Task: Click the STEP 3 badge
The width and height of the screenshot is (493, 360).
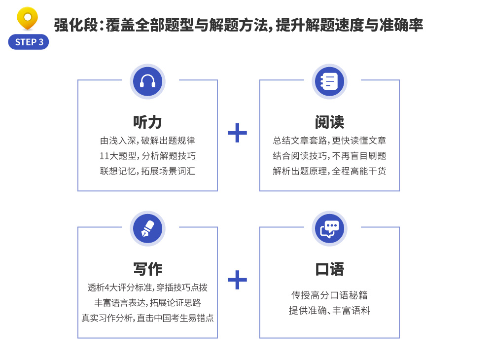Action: [x=28, y=42]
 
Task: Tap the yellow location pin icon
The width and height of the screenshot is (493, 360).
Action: [x=27, y=18]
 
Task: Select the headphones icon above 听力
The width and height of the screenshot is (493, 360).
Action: [x=147, y=81]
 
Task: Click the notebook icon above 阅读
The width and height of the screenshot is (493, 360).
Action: [x=329, y=81]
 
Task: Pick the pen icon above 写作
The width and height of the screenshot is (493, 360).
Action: [x=147, y=229]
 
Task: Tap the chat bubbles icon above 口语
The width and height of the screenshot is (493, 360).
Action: [x=329, y=229]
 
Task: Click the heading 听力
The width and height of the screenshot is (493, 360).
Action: [x=147, y=122]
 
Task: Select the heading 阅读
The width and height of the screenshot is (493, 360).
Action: [x=329, y=122]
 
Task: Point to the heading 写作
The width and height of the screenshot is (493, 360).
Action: [x=147, y=269]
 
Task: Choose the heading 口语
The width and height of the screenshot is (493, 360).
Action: [x=329, y=269]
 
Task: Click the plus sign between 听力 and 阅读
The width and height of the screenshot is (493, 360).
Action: [x=238, y=133]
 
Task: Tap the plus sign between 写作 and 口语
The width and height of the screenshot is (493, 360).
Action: [x=238, y=280]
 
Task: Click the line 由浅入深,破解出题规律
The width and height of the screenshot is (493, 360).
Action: [x=147, y=141]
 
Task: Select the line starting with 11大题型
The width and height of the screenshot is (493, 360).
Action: [x=147, y=156]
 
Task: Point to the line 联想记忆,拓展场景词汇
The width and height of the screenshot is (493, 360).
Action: [x=147, y=171]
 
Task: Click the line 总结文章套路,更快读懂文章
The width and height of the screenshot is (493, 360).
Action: [x=329, y=141]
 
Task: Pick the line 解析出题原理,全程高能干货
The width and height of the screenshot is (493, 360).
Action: [x=329, y=171]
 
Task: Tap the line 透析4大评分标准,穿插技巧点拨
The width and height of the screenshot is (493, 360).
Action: [x=147, y=288]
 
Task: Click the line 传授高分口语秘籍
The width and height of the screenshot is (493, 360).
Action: [x=329, y=295]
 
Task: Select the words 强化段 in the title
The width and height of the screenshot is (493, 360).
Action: [x=76, y=25]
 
